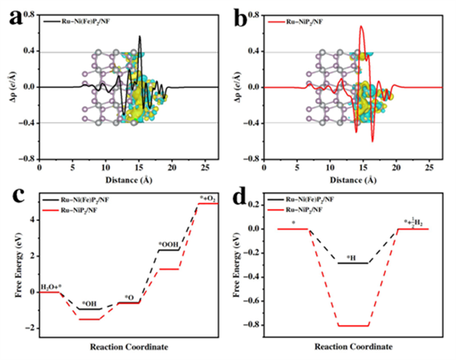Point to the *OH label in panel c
tap(89, 302)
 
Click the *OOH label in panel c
tap(168, 243)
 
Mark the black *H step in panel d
tap(353, 263)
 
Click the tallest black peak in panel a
tap(139, 36)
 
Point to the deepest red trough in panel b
tap(372, 141)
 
